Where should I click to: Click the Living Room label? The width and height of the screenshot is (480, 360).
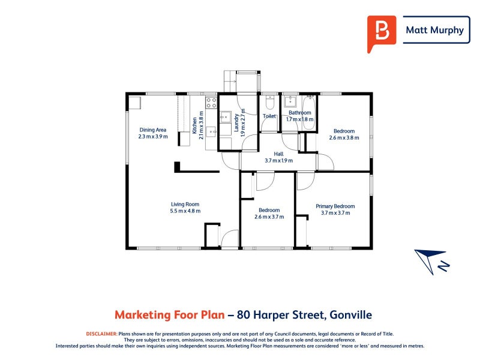coord(185,204)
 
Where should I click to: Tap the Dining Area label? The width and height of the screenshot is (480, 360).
coord(153,130)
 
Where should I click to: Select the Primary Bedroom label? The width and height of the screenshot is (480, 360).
coord(335,206)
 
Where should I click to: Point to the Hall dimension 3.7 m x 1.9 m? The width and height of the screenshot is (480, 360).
coord(278,160)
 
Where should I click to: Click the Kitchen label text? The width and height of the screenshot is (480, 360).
coord(194,125)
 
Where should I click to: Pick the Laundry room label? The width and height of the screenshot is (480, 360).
coord(236,123)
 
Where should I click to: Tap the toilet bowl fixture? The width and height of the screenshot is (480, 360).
coord(269,103)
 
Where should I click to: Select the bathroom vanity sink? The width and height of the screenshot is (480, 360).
coord(289,101)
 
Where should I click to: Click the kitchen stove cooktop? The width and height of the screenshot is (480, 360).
coord(211,103)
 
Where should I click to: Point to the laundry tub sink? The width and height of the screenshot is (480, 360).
coord(226,117)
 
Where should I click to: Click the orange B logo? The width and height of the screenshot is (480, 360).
coord(382,33)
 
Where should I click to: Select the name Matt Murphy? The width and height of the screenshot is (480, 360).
coord(434,30)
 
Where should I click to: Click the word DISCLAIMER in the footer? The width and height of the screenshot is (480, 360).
coord(101,334)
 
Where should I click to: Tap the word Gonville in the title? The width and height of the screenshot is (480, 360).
coord(351,314)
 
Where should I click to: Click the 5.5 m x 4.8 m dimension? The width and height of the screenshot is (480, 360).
coord(185,211)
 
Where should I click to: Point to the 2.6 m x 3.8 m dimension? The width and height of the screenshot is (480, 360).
coord(344,138)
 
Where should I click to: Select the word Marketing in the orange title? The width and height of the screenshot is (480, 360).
coord(142,315)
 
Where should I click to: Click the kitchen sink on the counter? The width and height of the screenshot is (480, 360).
coord(211,132)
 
